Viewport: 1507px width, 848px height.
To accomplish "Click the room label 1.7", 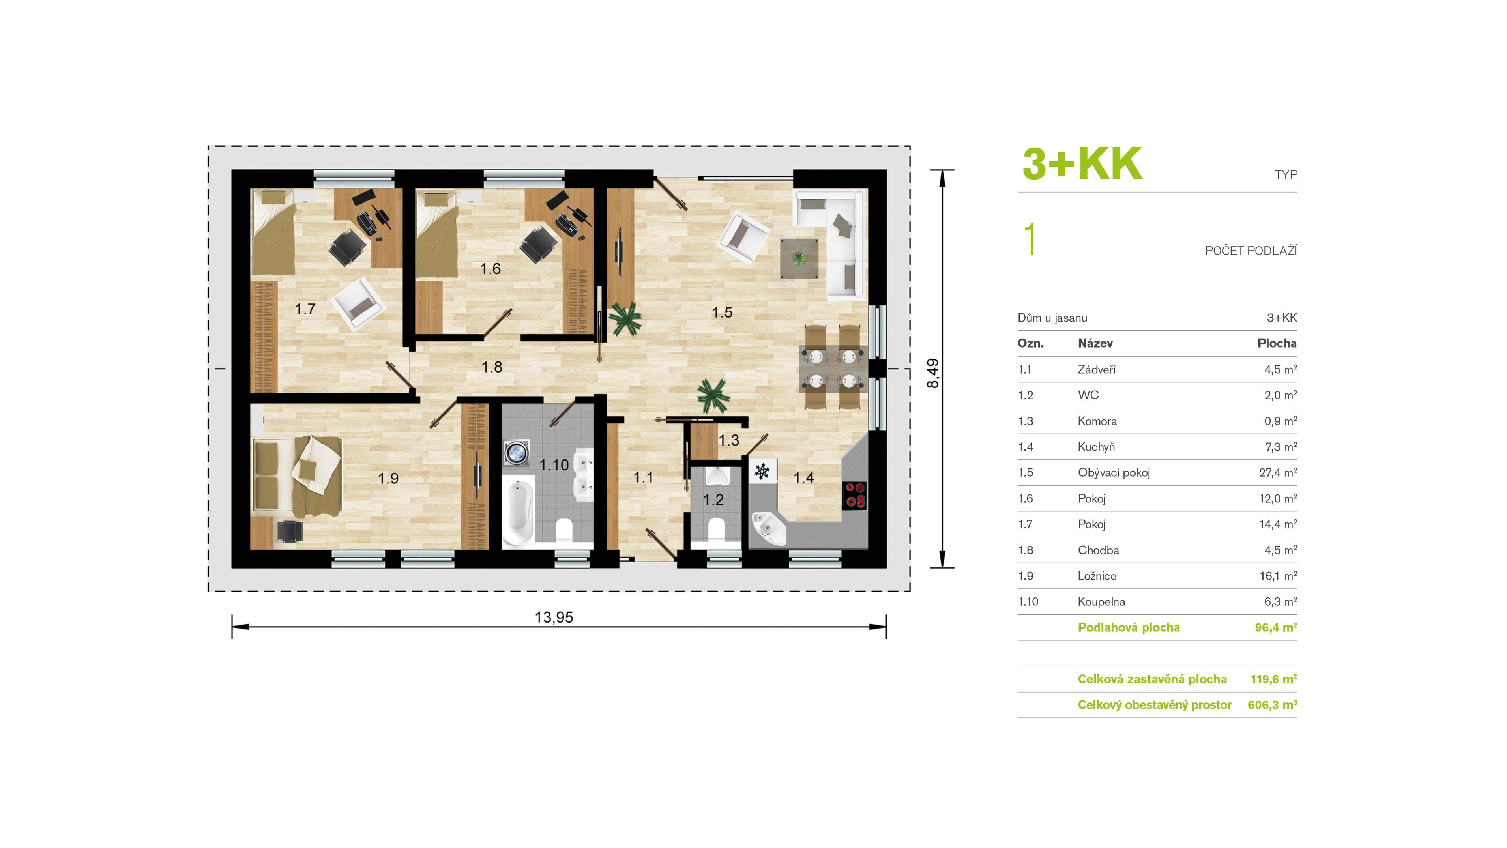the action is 305,309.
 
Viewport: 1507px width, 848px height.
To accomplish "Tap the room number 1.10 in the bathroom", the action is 553,465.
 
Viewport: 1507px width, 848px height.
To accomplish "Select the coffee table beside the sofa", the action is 799,258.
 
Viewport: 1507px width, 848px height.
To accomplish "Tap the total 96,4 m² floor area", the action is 1276,627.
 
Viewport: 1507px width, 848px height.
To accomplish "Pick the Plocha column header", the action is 1277,343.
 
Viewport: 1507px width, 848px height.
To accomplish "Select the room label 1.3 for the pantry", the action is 729,440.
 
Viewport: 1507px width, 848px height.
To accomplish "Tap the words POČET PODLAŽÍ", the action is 1251,251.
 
